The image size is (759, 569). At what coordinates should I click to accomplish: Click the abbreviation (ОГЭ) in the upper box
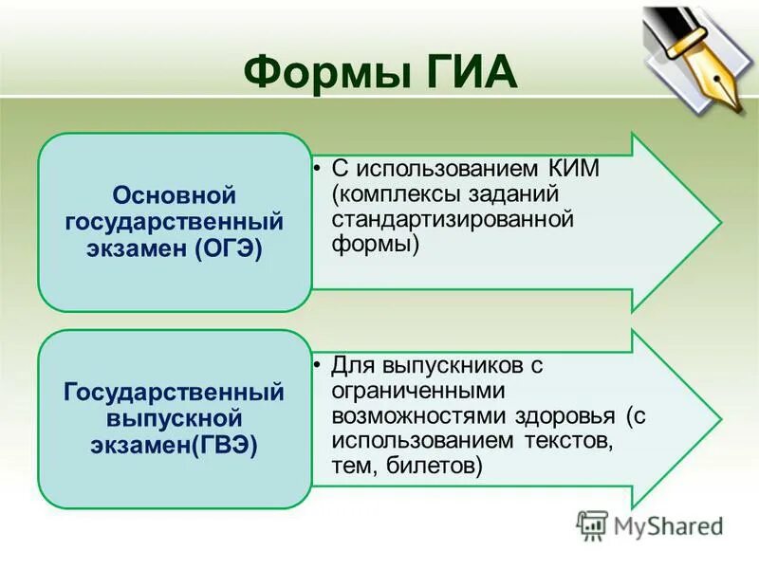[227, 248]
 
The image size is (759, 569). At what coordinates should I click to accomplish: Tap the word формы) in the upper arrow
[376, 244]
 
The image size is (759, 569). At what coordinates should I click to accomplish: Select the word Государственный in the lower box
[174, 392]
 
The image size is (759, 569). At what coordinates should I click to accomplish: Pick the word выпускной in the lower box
[174, 417]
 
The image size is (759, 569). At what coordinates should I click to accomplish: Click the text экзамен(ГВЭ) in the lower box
[174, 444]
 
